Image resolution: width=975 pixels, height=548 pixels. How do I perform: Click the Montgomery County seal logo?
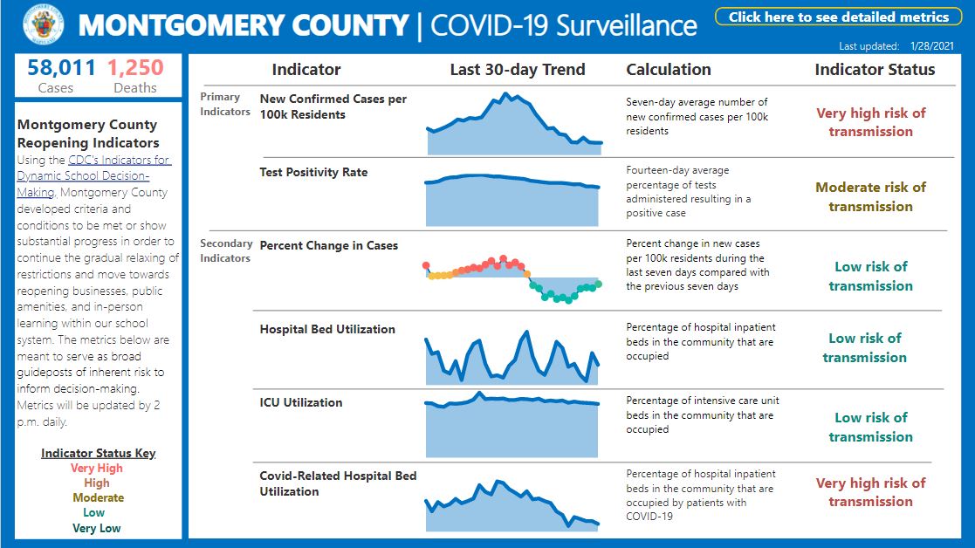43,25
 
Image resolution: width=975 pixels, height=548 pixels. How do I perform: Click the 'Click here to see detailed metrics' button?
838,17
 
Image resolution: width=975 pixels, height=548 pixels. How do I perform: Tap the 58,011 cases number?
56,68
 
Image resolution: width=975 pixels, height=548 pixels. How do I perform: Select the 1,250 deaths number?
135,68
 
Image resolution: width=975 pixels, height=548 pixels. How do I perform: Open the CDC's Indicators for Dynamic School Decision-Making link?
94,176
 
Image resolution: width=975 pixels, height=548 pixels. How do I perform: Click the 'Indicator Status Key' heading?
98,454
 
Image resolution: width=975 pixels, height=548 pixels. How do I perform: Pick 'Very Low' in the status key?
97,528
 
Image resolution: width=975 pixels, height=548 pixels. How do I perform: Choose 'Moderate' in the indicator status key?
98,498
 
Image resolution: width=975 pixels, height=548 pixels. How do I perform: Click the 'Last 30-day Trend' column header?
518,70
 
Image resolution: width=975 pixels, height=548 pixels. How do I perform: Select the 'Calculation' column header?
669,70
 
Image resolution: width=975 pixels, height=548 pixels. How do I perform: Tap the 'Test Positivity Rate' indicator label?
313,172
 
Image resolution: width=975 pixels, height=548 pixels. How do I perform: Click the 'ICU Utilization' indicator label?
301,402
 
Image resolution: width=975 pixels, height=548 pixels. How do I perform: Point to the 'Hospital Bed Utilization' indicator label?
327,329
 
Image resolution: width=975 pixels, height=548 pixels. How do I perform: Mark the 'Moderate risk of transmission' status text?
870,196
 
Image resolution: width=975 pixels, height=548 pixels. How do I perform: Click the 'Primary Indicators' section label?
225,104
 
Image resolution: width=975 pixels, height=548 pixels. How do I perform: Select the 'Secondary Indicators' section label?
226,250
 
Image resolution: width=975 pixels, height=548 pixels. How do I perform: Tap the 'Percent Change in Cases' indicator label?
329,245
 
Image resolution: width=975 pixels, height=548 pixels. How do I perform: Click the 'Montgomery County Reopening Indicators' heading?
88,134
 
